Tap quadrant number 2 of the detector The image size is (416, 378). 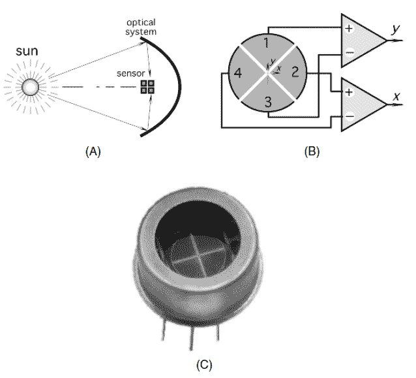point(295,71)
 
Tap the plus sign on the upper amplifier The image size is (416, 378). point(348,28)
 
